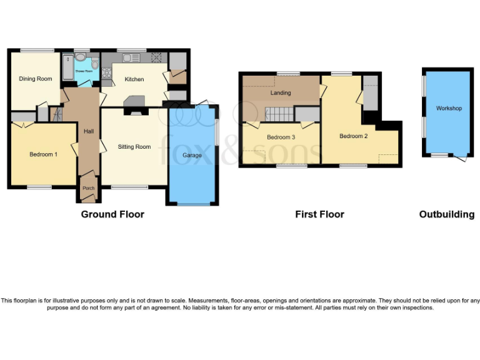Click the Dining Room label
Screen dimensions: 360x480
click(x=35, y=79)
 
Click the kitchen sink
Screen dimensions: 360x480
click(x=131, y=58)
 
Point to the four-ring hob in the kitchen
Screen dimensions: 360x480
click(x=155, y=58)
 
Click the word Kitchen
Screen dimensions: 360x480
click(x=134, y=79)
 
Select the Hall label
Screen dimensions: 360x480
click(x=89, y=131)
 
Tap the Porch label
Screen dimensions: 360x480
click(x=88, y=187)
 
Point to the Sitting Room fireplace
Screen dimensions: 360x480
click(x=134, y=112)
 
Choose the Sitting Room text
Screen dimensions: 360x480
click(x=134, y=147)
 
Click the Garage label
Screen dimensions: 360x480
click(x=192, y=155)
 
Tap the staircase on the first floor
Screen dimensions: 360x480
click(x=279, y=114)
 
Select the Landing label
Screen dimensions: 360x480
click(x=281, y=93)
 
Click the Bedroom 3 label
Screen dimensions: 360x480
click(x=281, y=137)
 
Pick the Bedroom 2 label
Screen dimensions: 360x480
click(x=353, y=136)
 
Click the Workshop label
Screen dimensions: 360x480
click(x=449, y=109)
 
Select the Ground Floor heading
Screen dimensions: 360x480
click(x=112, y=214)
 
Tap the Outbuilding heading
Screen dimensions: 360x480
click(x=446, y=214)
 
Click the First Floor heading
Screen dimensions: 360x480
click(x=319, y=214)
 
